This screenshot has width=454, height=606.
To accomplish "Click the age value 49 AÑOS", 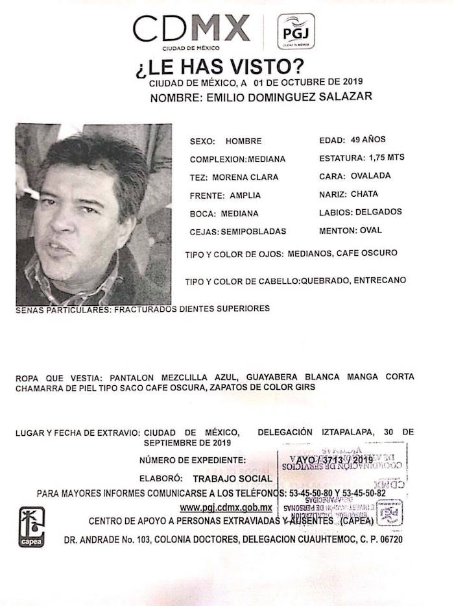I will [x=371, y=140].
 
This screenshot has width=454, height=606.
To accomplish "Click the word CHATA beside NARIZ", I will [x=364, y=194].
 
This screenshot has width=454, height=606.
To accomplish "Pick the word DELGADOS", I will [x=379, y=212].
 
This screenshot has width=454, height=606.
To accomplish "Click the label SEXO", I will [x=201, y=141].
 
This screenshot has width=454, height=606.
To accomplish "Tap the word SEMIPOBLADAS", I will [x=253, y=231].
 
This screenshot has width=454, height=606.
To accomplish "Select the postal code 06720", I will [x=387, y=540].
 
